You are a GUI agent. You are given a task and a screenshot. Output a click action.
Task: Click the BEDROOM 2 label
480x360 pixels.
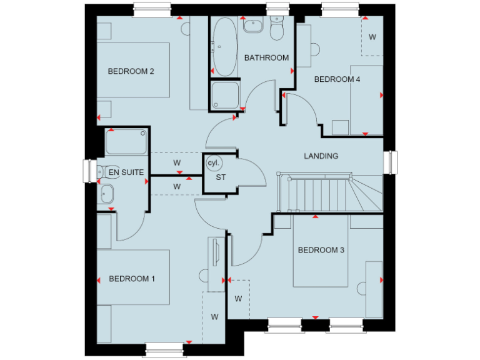click(x=131, y=71)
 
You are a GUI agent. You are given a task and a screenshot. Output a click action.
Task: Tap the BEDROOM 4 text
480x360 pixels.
click(x=337, y=79)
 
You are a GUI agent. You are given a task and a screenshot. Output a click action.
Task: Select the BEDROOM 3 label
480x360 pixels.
click(x=321, y=250)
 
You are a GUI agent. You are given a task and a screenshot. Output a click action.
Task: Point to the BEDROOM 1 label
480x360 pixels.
click(x=131, y=279)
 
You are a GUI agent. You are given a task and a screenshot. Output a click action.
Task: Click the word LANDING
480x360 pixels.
click(x=321, y=156)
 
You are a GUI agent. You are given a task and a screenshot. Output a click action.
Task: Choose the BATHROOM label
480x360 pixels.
click(x=266, y=58)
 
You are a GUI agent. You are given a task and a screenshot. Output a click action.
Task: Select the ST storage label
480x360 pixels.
click(x=220, y=177)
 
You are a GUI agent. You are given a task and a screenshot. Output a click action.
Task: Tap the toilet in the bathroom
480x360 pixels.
click(x=276, y=28)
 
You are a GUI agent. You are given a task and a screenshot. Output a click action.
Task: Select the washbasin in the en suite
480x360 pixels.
click(x=106, y=194)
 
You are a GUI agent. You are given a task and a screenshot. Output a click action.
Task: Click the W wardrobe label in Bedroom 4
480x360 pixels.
click(x=372, y=37)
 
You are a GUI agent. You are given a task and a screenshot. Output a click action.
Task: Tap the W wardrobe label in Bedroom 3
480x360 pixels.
click(x=238, y=299)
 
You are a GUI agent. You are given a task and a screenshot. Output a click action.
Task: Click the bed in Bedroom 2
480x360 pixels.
click(x=133, y=70)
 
